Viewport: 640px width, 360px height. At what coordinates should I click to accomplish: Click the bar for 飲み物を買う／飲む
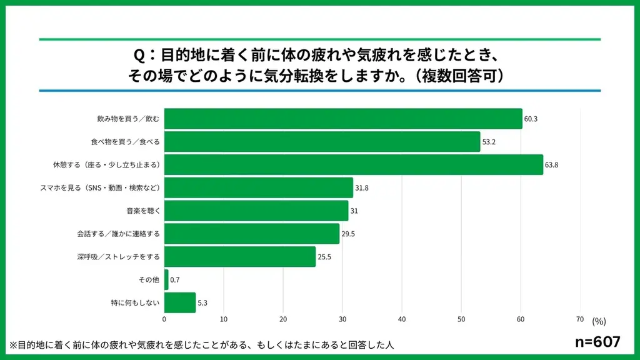click(343, 119)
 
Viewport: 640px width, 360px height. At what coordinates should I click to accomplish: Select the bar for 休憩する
click(354, 165)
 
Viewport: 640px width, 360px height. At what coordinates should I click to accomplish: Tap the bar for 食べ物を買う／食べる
click(322, 142)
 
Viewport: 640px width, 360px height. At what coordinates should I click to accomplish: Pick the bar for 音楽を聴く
click(256, 211)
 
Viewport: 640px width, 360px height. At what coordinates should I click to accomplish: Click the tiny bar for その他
click(166, 279)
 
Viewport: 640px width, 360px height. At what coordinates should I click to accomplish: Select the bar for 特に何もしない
click(180, 302)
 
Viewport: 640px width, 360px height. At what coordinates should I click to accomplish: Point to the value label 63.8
click(552, 165)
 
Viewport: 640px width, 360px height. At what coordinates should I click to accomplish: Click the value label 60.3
click(531, 119)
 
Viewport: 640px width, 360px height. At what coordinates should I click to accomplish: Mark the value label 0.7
click(175, 280)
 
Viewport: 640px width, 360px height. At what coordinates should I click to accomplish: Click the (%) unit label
click(599, 321)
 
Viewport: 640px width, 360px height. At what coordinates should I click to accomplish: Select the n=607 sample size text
click(597, 342)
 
